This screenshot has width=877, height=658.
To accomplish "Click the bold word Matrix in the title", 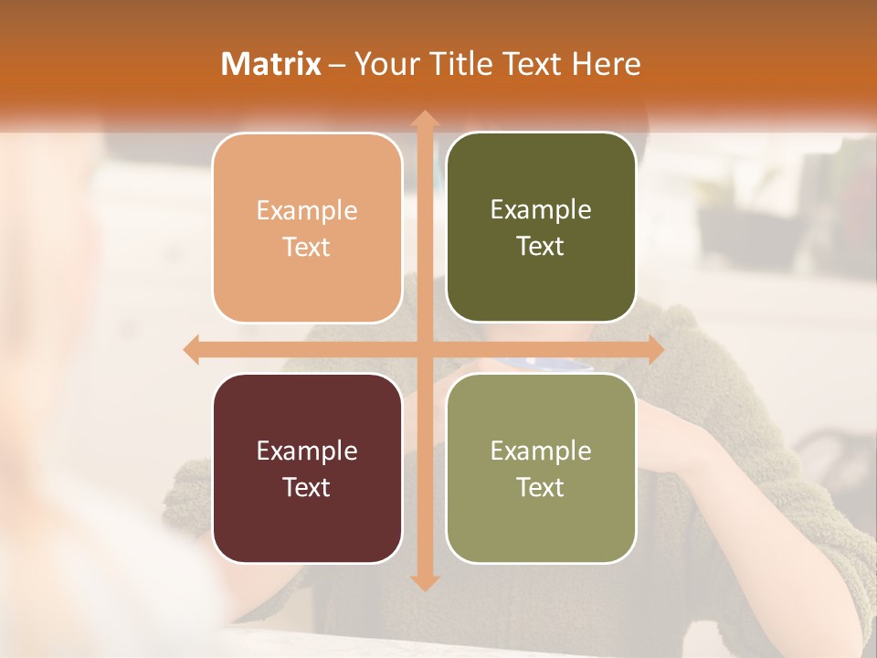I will point(271,64).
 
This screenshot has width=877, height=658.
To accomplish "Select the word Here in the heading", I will point(606,64).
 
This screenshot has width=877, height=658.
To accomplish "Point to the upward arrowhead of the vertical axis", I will point(424,119).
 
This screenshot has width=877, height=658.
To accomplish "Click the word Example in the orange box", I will point(307,211).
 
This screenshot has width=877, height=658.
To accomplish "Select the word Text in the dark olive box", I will point(541,247).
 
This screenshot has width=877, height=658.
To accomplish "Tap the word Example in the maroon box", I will point(307,451).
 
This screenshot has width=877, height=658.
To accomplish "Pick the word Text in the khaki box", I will point(541,487).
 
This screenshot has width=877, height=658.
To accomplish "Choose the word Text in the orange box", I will point(307,248).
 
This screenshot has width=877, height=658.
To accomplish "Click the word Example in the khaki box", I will point(541,451).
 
